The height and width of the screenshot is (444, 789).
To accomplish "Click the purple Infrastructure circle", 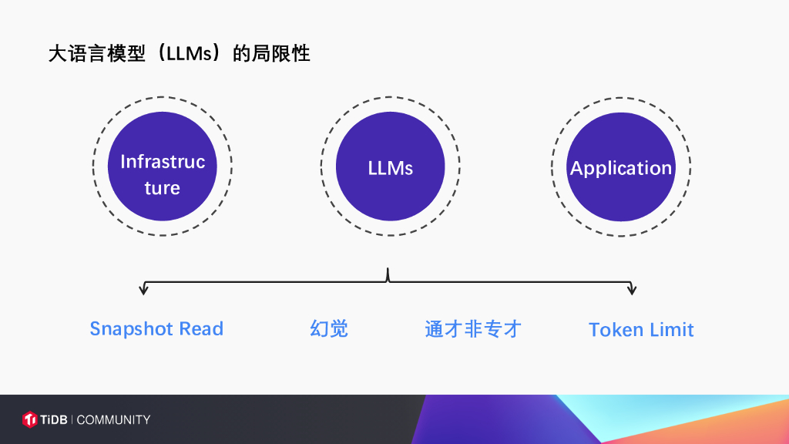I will pyautogui.click(x=163, y=166).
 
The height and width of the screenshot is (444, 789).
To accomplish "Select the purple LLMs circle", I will pyautogui.click(x=391, y=166).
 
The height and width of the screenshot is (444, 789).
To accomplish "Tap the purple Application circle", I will pyautogui.click(x=621, y=167).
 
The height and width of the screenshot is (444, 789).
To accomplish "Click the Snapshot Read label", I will pyautogui.click(x=156, y=329).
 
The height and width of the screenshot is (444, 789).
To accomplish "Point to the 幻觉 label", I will pyautogui.click(x=329, y=329).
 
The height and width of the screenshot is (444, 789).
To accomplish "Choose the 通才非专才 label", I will pyautogui.click(x=473, y=329).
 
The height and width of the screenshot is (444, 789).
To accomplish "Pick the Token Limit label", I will pyautogui.click(x=641, y=330).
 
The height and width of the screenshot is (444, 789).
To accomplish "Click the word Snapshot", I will pyautogui.click(x=132, y=329).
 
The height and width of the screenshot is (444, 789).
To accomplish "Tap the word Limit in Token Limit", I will pyautogui.click(x=673, y=330).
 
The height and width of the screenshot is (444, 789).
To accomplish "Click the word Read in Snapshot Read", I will pyautogui.click(x=201, y=329).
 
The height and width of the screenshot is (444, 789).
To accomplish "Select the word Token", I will pyautogui.click(x=616, y=330).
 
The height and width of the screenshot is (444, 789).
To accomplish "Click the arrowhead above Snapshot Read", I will pyautogui.click(x=143, y=291).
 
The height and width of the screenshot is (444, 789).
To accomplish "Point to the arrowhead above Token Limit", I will pyautogui.click(x=632, y=291).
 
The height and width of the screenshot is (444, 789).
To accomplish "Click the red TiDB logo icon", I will pyautogui.click(x=30, y=419).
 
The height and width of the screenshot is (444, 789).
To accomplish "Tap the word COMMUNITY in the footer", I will pyautogui.click(x=113, y=419).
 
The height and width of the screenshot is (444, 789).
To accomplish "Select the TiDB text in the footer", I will pyautogui.click(x=55, y=419).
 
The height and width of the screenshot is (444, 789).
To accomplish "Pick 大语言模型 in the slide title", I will pyautogui.click(x=96, y=54).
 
